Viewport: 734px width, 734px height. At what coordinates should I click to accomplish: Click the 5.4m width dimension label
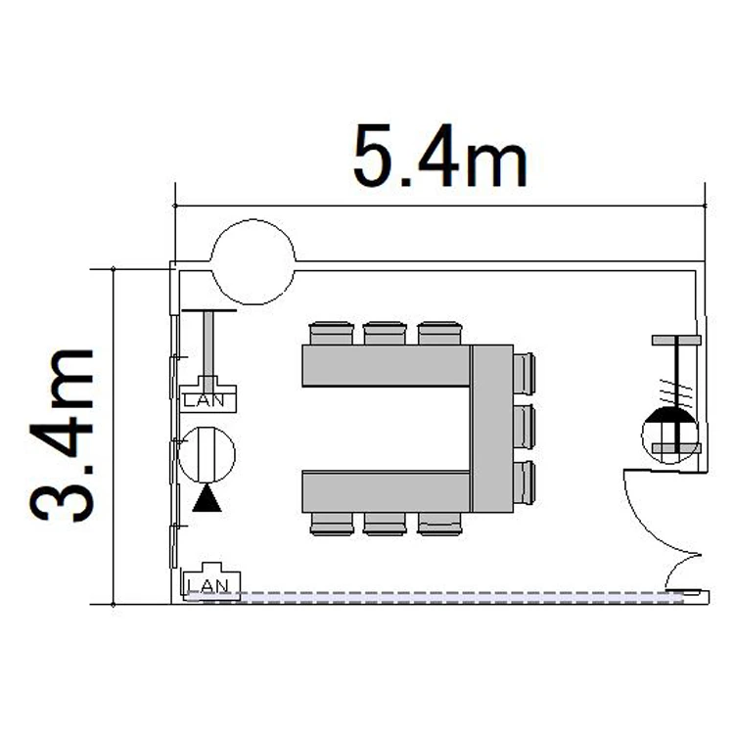click(440, 156)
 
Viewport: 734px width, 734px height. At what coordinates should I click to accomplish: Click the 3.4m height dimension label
click(63, 436)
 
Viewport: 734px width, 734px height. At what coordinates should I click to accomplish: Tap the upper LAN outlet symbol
click(208, 394)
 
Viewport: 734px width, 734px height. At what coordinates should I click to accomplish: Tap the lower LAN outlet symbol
click(211, 581)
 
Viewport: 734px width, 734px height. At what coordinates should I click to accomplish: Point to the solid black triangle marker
click(206, 499)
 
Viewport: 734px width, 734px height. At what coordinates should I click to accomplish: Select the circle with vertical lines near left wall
click(206, 454)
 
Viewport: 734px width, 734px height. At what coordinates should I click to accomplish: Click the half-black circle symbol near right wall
click(669, 436)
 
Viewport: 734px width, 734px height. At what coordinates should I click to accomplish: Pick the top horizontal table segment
click(387, 366)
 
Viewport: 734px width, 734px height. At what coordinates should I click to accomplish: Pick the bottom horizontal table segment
click(387, 491)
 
